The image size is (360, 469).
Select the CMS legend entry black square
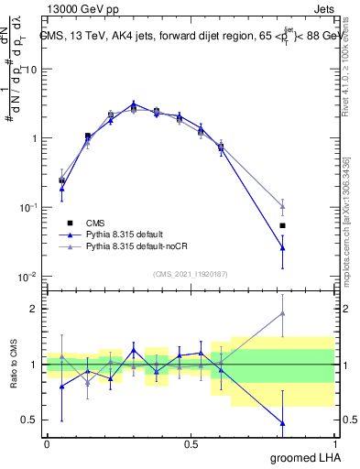pos(68,224)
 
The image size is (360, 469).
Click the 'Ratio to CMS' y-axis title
pos(13,365)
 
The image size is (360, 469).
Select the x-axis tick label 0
pos(47,443)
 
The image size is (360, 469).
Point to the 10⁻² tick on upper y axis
pos(27,277)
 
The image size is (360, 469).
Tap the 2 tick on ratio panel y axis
pos(34,309)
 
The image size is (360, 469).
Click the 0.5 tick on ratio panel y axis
pos(30,420)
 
